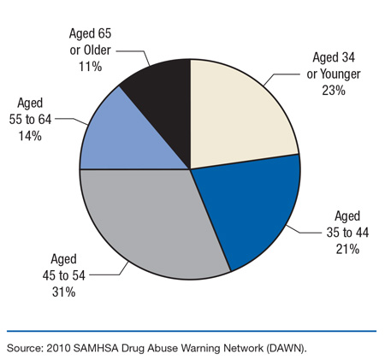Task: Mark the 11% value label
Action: click(x=103, y=62)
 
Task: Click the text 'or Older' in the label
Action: click(x=103, y=48)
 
